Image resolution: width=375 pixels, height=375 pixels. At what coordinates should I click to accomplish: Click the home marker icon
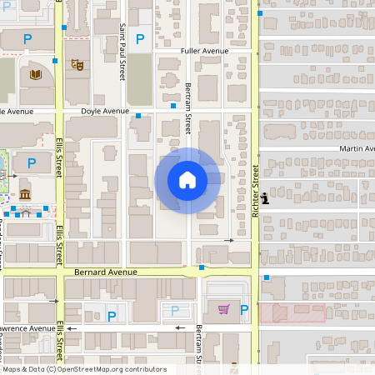click(187, 180)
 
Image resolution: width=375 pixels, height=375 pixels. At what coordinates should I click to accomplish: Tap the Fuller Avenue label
click(204, 51)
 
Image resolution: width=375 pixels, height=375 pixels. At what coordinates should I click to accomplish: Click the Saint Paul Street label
click(122, 52)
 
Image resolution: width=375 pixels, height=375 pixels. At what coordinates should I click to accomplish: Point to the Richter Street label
click(255, 191)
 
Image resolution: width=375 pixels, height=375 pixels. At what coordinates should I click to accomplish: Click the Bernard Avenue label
click(105, 272)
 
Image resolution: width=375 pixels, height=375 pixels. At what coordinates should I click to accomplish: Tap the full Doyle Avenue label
click(105, 111)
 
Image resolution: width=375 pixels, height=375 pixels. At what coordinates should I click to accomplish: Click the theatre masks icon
click(77, 62)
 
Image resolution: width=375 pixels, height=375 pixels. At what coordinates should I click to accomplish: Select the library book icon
click(35, 75)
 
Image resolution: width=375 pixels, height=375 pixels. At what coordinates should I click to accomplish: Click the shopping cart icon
click(223, 310)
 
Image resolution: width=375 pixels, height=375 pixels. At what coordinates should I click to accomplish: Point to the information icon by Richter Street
click(265, 197)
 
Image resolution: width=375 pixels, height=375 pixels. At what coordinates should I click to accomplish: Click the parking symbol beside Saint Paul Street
click(140, 38)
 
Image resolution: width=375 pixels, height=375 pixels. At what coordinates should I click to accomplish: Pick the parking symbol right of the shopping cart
click(244, 310)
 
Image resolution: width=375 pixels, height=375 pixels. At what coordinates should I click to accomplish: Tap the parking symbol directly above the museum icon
click(32, 163)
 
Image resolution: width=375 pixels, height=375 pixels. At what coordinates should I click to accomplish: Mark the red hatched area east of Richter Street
click(292, 313)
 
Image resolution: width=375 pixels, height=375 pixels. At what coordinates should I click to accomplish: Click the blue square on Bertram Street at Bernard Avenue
click(202, 267)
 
